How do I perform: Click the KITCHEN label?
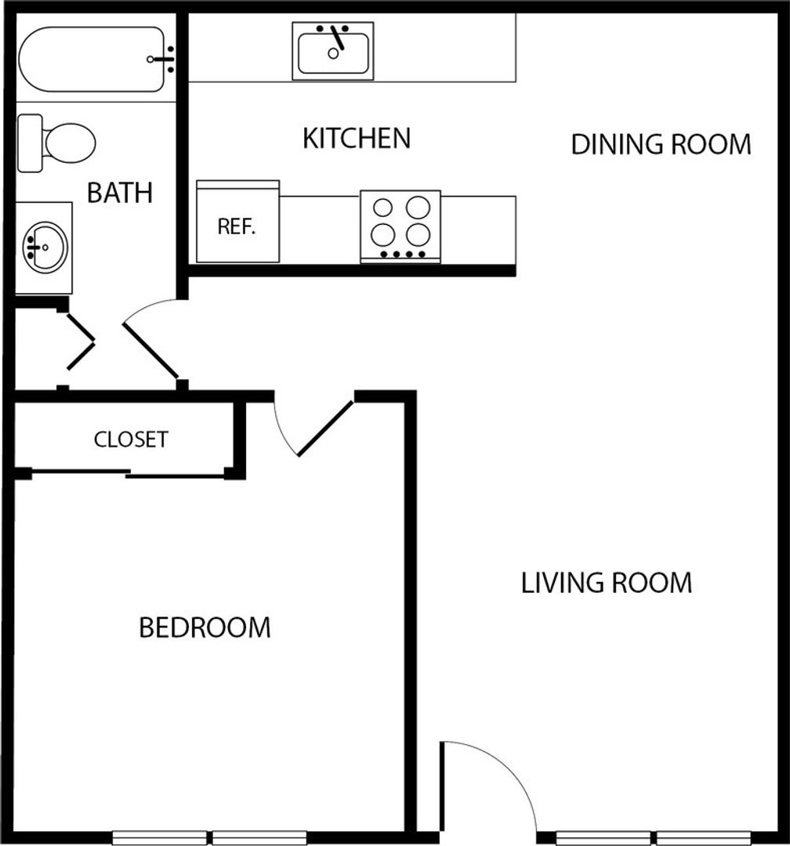[357, 138]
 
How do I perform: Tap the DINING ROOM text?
[661, 145]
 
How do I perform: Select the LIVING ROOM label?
[607, 584]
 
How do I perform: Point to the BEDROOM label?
[205, 627]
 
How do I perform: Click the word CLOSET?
[131, 439]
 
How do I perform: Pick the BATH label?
[120, 193]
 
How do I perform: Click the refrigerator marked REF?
[237, 222]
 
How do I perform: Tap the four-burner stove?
[400, 226]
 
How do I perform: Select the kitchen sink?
[333, 51]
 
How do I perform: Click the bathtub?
[92, 59]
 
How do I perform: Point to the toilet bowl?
[71, 143]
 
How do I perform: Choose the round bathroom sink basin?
[45, 248]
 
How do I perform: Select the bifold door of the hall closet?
[81, 342]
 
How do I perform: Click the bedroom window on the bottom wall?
[209, 837]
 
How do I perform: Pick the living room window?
[654, 837]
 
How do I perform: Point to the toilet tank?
[31, 143]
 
